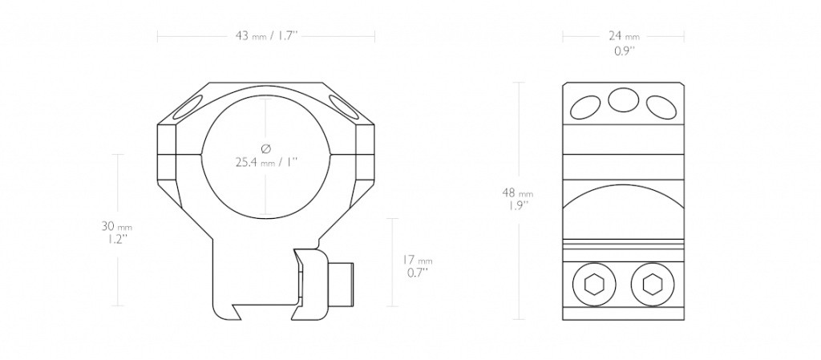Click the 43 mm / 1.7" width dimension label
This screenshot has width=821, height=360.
click(x=266, y=36)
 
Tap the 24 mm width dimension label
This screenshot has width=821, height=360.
click(x=624, y=36)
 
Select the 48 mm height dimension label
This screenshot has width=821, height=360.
click(x=518, y=193)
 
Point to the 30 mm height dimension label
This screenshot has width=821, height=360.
click(x=117, y=227)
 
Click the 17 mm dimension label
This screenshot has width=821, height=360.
click(x=417, y=260)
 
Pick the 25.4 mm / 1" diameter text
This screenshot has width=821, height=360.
click(x=266, y=162)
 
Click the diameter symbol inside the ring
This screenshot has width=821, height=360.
click(x=265, y=148)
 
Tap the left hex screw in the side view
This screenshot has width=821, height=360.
click(x=594, y=285)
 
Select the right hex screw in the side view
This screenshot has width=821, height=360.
click(x=653, y=285)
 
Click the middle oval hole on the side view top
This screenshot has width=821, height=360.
click(x=624, y=99)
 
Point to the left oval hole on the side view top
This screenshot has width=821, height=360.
click(x=585, y=107)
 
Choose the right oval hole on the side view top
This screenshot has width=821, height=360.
click(x=661, y=107)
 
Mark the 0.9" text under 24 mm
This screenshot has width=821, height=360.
click(x=624, y=51)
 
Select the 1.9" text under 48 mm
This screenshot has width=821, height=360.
click(x=518, y=205)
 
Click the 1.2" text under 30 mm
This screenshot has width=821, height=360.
click(x=115, y=239)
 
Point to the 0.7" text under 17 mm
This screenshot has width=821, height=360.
click(x=417, y=272)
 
